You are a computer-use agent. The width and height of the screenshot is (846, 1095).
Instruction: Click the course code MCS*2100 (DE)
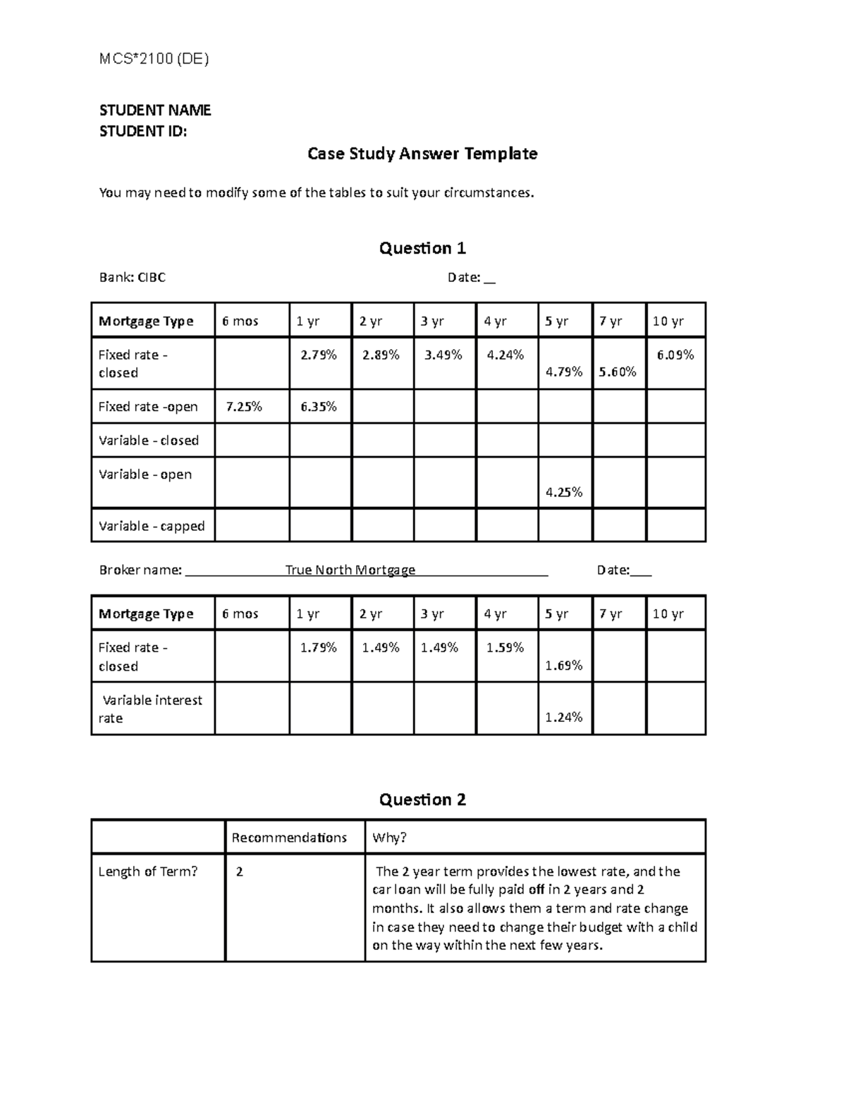(x=154, y=59)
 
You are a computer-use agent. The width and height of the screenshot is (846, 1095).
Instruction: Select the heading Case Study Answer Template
(x=422, y=154)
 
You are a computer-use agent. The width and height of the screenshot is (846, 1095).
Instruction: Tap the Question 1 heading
(x=422, y=248)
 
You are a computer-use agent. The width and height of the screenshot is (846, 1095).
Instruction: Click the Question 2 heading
(x=422, y=800)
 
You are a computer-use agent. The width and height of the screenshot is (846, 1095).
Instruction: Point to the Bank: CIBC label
(x=133, y=278)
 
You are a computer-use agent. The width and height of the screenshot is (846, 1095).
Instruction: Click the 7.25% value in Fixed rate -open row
(x=244, y=407)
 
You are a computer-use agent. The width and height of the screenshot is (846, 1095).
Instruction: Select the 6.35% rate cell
(x=319, y=407)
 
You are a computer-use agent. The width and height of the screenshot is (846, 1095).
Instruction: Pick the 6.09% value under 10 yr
(x=675, y=355)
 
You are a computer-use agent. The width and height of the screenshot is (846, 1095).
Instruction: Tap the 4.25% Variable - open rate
(x=564, y=492)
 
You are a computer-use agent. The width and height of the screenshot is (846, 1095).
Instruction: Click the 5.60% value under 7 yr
(x=618, y=372)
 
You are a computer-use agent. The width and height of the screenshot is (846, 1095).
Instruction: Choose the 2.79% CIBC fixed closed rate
(x=319, y=355)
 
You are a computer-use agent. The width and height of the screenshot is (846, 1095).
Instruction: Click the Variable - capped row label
(x=152, y=526)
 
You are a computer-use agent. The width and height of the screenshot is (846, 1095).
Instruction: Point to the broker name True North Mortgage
(x=350, y=570)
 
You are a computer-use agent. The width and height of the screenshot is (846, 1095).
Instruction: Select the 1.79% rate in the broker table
(x=319, y=647)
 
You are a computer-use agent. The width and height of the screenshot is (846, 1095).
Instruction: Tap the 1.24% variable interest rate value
(x=564, y=718)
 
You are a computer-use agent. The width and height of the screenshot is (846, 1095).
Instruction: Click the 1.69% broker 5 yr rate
(x=564, y=665)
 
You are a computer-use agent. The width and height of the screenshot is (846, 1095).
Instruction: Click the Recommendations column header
(x=289, y=838)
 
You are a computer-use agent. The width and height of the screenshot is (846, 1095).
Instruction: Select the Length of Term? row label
(x=148, y=871)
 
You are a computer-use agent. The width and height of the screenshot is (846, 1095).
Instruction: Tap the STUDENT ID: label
(x=143, y=131)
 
